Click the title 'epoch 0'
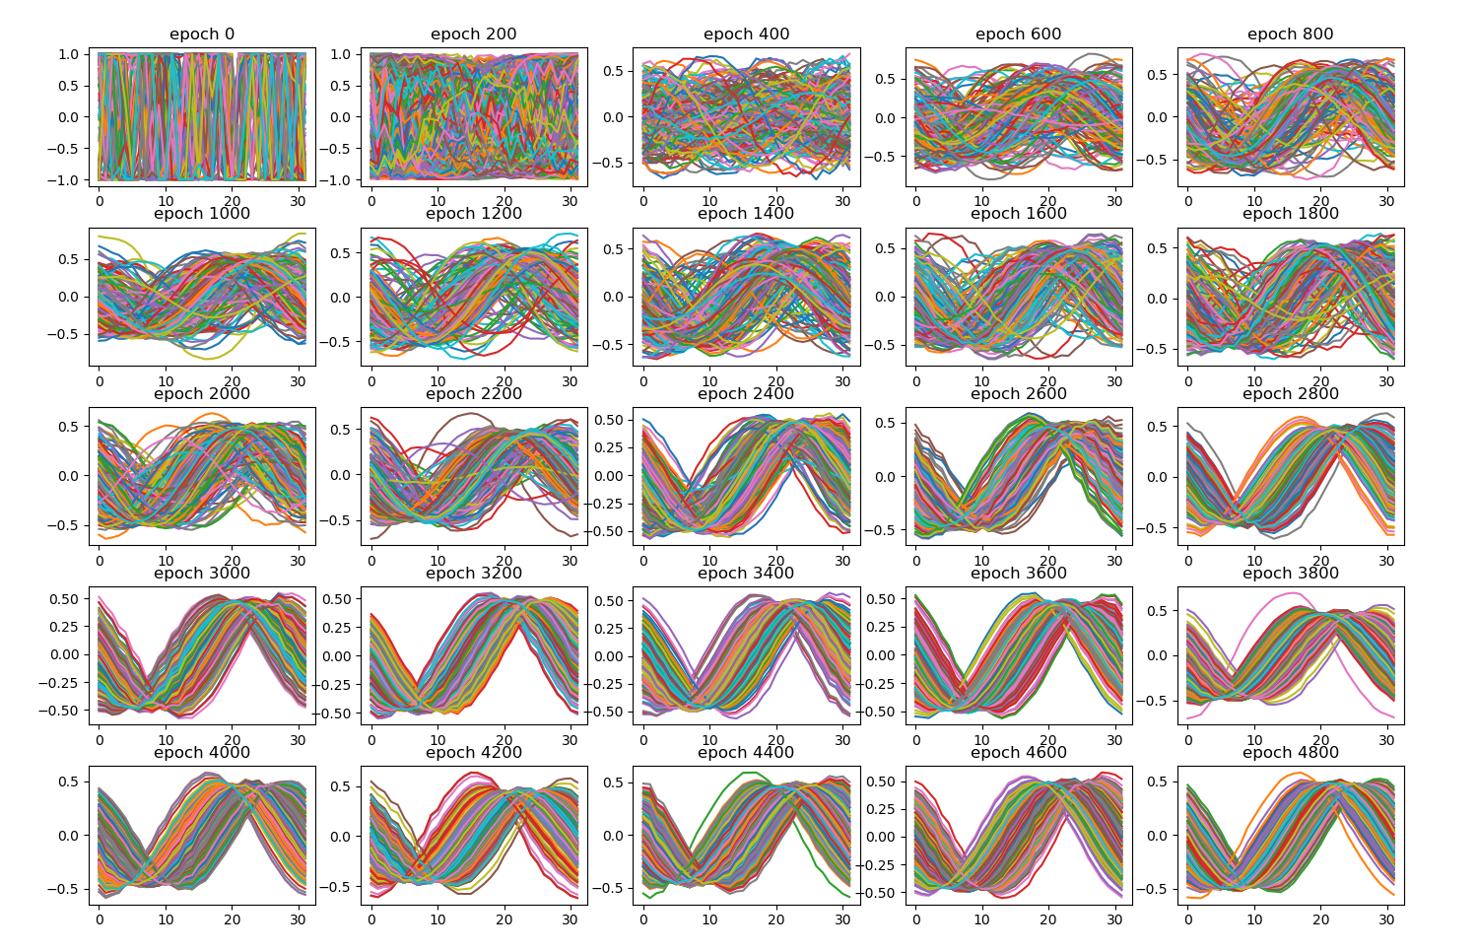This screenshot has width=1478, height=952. click(x=202, y=34)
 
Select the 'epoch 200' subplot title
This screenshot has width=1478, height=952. click(x=474, y=34)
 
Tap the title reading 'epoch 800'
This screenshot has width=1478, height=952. click(x=1291, y=34)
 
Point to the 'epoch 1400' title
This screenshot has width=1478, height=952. click(x=746, y=214)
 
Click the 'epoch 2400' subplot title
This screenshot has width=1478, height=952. click(x=746, y=394)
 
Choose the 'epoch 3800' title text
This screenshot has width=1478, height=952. click(x=1291, y=574)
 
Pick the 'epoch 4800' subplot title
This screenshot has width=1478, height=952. click(x=1291, y=753)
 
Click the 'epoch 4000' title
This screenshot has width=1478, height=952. click(x=202, y=753)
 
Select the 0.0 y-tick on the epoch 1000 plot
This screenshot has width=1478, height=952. click(x=72, y=298)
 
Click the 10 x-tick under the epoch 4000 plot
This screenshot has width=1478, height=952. click(x=166, y=920)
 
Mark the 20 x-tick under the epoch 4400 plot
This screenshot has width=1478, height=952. click(x=776, y=920)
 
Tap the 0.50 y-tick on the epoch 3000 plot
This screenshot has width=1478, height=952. click(x=64, y=599)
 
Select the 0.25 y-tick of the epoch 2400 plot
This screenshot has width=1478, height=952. click(x=608, y=447)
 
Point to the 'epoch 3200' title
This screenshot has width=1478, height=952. click(x=474, y=574)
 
